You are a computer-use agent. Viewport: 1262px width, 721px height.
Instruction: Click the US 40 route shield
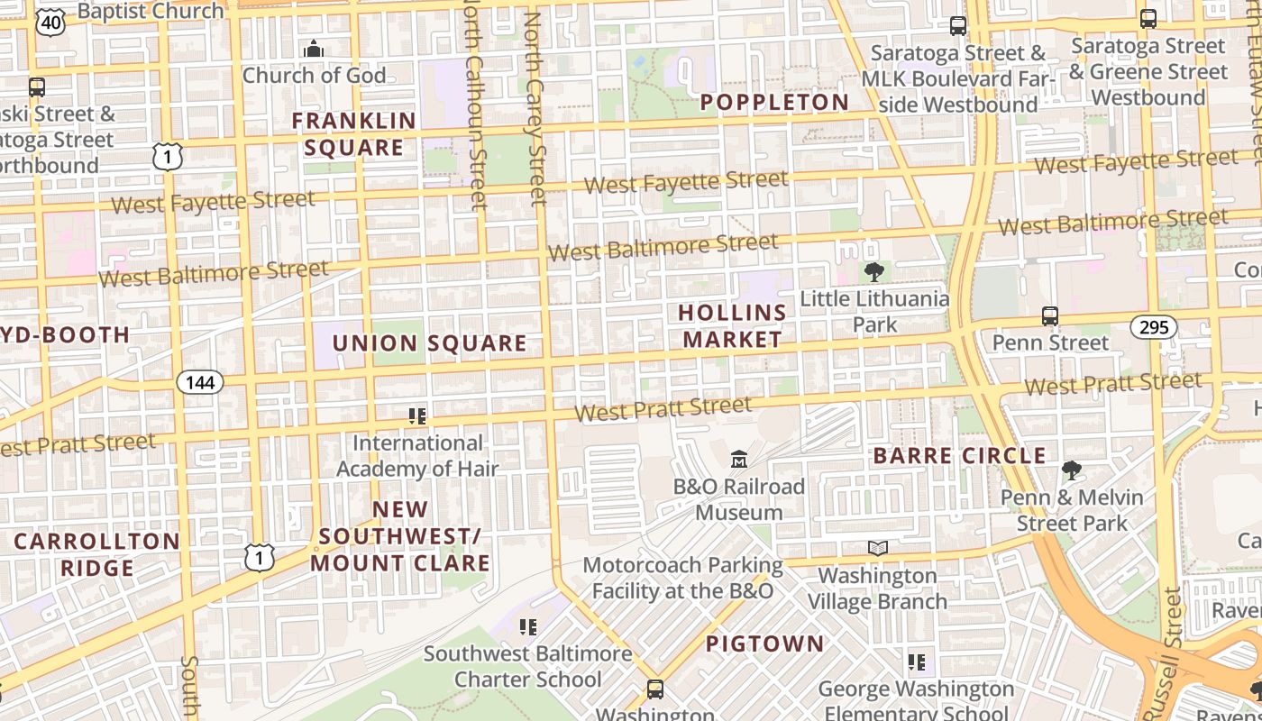click(x=50, y=22)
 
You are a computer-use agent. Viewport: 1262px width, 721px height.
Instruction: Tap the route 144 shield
click(x=199, y=382)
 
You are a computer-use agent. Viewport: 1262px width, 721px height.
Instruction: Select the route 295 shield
click(x=1154, y=327)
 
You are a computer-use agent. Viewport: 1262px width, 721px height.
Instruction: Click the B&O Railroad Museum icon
click(x=739, y=460)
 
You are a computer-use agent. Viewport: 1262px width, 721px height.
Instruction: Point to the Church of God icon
click(x=314, y=49)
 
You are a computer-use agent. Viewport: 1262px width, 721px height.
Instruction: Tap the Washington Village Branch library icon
click(x=877, y=548)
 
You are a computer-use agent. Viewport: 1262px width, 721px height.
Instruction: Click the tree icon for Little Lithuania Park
click(x=873, y=271)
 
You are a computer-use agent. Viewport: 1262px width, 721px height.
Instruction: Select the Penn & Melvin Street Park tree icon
click(x=1072, y=470)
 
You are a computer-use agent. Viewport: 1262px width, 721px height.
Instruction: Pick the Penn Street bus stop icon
click(x=1049, y=316)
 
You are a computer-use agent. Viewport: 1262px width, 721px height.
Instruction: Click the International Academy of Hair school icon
click(x=416, y=415)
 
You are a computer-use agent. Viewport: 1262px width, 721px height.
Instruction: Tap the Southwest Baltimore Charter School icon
click(x=528, y=626)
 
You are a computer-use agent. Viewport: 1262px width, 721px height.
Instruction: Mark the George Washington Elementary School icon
click(x=917, y=662)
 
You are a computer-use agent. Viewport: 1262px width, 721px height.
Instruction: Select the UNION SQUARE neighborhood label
click(x=429, y=343)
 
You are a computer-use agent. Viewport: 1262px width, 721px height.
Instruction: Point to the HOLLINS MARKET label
click(x=731, y=326)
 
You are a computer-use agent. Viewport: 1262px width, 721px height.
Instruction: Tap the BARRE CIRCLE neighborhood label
click(x=959, y=456)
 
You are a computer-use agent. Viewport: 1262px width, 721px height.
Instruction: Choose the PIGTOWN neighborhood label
click(x=764, y=644)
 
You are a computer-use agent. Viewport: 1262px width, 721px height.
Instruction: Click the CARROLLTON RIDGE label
click(x=97, y=554)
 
